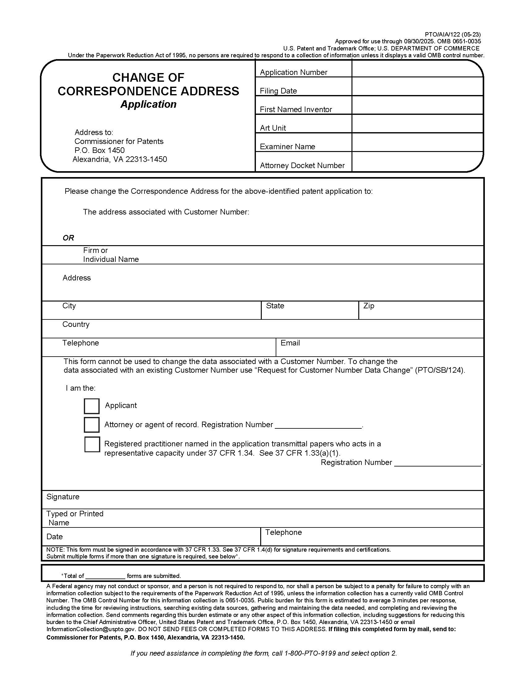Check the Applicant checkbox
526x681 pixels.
click(x=92, y=406)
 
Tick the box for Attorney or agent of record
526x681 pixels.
click(x=92, y=425)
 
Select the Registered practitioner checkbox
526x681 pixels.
click(x=92, y=444)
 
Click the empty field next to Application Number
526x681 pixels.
click(x=417, y=69)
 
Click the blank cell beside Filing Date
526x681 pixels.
click(x=417, y=86)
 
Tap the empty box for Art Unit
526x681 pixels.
click(x=417, y=124)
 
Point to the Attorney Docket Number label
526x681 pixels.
click(x=302, y=166)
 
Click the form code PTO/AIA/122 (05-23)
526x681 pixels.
click(x=452, y=35)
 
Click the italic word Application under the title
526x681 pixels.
click(x=148, y=104)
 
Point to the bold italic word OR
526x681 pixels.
click(x=68, y=238)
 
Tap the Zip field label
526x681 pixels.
click(x=368, y=306)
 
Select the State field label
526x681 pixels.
click(x=275, y=306)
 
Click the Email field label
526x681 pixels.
click(x=290, y=343)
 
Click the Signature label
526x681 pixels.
click(x=63, y=497)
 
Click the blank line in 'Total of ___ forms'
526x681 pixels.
click(x=105, y=576)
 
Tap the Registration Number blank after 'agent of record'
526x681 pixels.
click(x=318, y=425)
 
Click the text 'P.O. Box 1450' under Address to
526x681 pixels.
click(x=99, y=150)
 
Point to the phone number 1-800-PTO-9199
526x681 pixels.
click(x=310, y=653)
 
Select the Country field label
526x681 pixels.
click(x=76, y=324)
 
